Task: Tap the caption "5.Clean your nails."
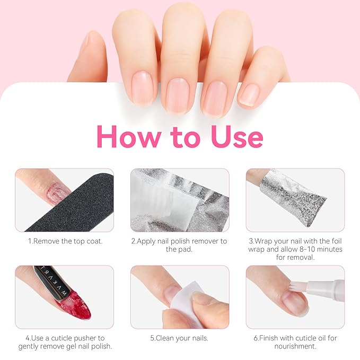click(x=180, y=338)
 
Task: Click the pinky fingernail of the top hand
click(x=249, y=94)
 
